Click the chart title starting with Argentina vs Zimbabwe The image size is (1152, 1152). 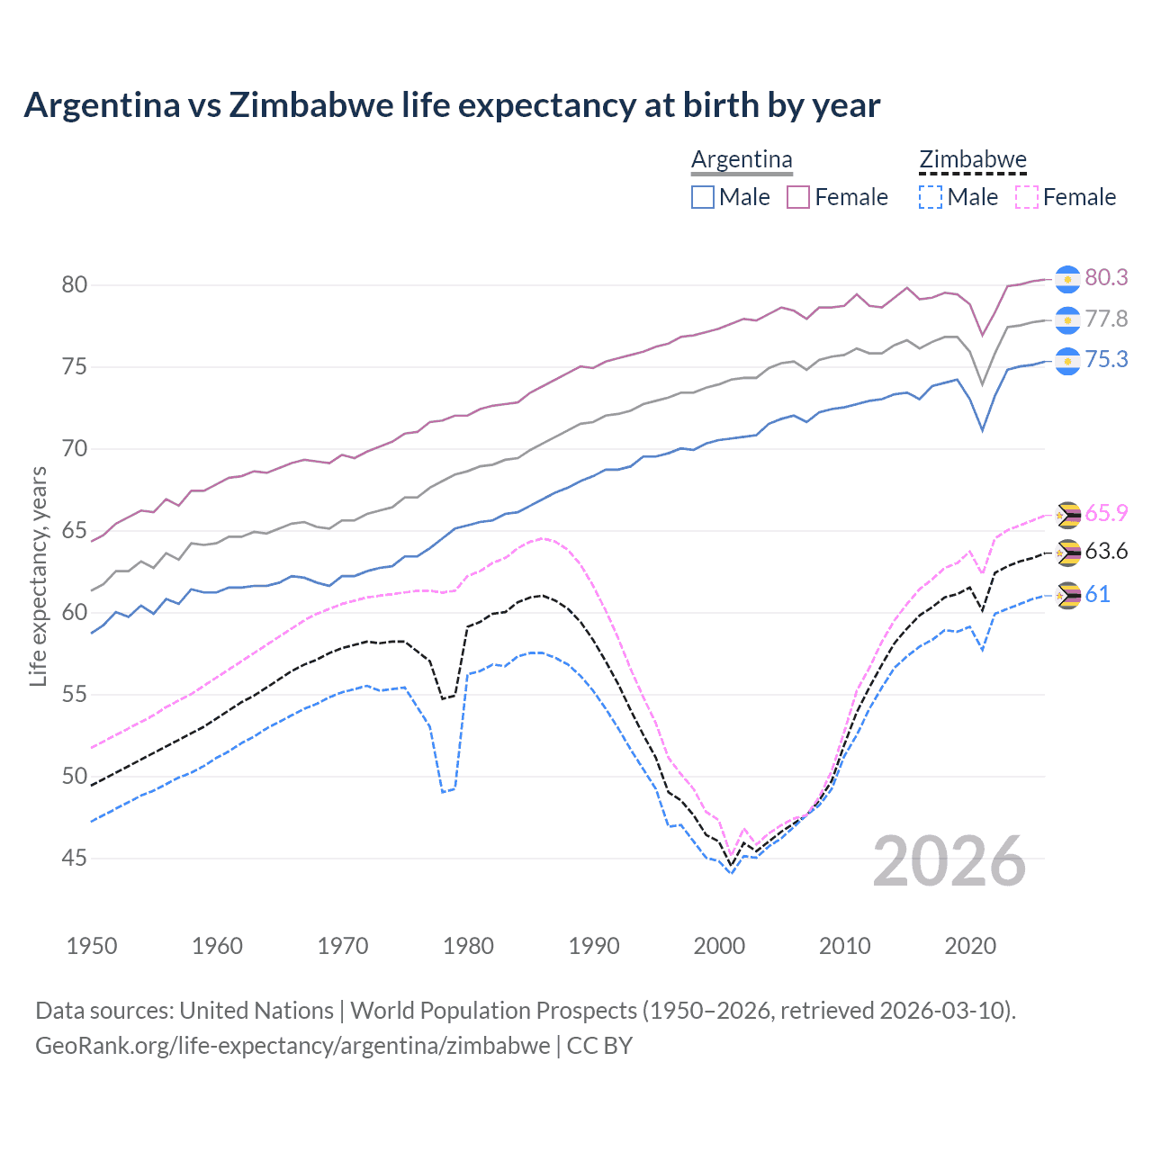pos(452,105)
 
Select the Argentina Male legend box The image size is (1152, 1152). pos(703,197)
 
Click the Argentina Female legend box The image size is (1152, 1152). pos(798,197)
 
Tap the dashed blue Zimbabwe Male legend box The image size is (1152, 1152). pos(931,197)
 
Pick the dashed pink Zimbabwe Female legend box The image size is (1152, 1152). pos(1027,197)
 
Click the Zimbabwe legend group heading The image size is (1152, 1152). pos(973,160)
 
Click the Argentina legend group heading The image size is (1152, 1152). pos(742,160)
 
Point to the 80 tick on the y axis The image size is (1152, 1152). pos(75,285)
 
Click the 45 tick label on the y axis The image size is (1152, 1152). pos(75,859)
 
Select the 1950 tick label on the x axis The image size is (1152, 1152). pos(92,946)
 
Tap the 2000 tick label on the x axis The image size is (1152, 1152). pos(719,946)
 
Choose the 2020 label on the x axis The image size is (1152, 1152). pos(969,946)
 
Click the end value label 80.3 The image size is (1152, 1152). pos(1106,277)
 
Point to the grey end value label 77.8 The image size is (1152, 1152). pos(1106,319)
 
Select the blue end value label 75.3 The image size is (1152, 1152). pos(1106,360)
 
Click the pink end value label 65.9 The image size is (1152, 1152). pos(1106,513)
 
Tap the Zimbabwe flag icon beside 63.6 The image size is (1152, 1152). pos(1067,553)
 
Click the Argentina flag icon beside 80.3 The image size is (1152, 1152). pos(1067,279)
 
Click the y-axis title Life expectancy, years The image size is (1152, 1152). pos(38,576)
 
